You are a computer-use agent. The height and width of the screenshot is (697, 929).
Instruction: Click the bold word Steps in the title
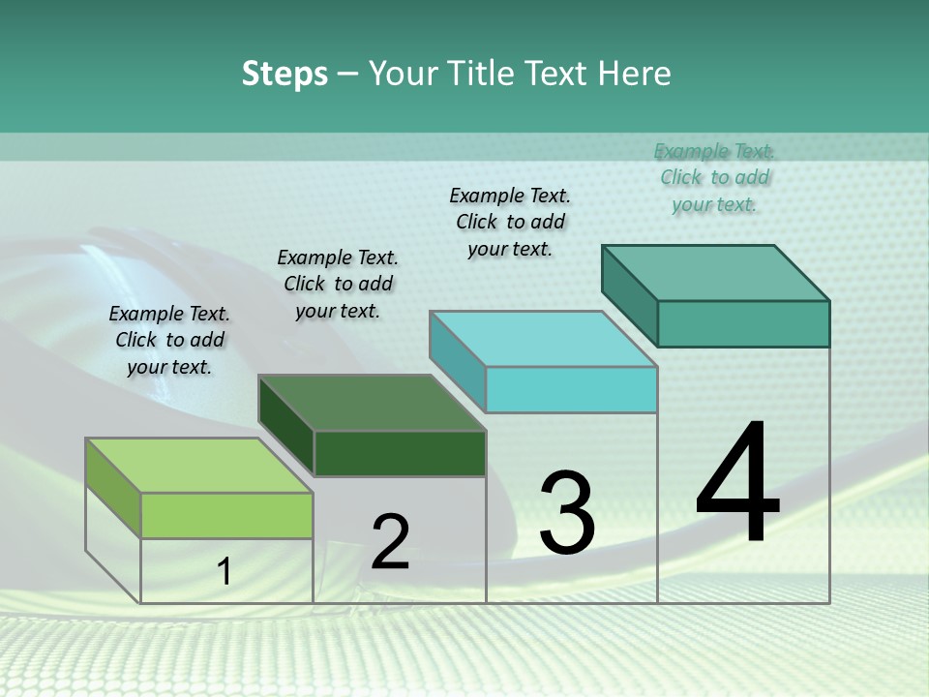[x=285, y=74]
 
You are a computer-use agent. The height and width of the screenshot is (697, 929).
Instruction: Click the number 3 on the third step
[x=567, y=512]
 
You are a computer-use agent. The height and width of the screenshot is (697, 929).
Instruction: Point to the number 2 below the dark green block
[x=390, y=542]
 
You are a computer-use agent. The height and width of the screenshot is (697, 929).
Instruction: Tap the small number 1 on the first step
[x=225, y=572]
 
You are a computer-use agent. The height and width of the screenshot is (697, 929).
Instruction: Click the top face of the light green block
[x=198, y=466]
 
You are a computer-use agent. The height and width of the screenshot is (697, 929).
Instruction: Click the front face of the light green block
[x=226, y=516]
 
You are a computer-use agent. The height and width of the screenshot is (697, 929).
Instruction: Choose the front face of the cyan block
[x=571, y=390]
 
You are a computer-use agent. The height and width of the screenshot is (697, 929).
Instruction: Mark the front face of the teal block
[x=743, y=323]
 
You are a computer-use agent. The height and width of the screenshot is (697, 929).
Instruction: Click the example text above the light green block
[x=170, y=340]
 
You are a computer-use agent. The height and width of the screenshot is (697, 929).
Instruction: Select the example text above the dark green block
[x=338, y=284]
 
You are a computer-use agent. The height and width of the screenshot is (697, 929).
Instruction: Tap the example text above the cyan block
[x=510, y=222]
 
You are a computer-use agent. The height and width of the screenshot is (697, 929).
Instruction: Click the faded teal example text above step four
[x=714, y=177]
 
